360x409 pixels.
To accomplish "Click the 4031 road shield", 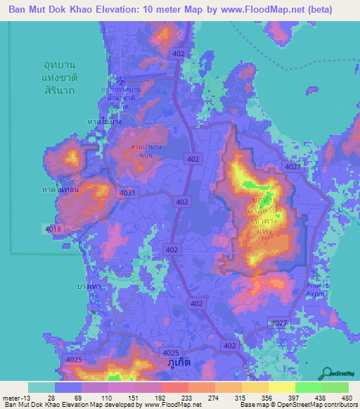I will click(128, 192).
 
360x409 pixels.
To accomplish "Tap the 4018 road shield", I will click(53, 230).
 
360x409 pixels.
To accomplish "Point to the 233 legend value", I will click(185, 398).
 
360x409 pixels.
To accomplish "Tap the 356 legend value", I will click(265, 398).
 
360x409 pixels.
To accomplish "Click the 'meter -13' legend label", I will click(16, 398).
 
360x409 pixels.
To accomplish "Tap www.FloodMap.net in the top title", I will click(250, 10).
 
